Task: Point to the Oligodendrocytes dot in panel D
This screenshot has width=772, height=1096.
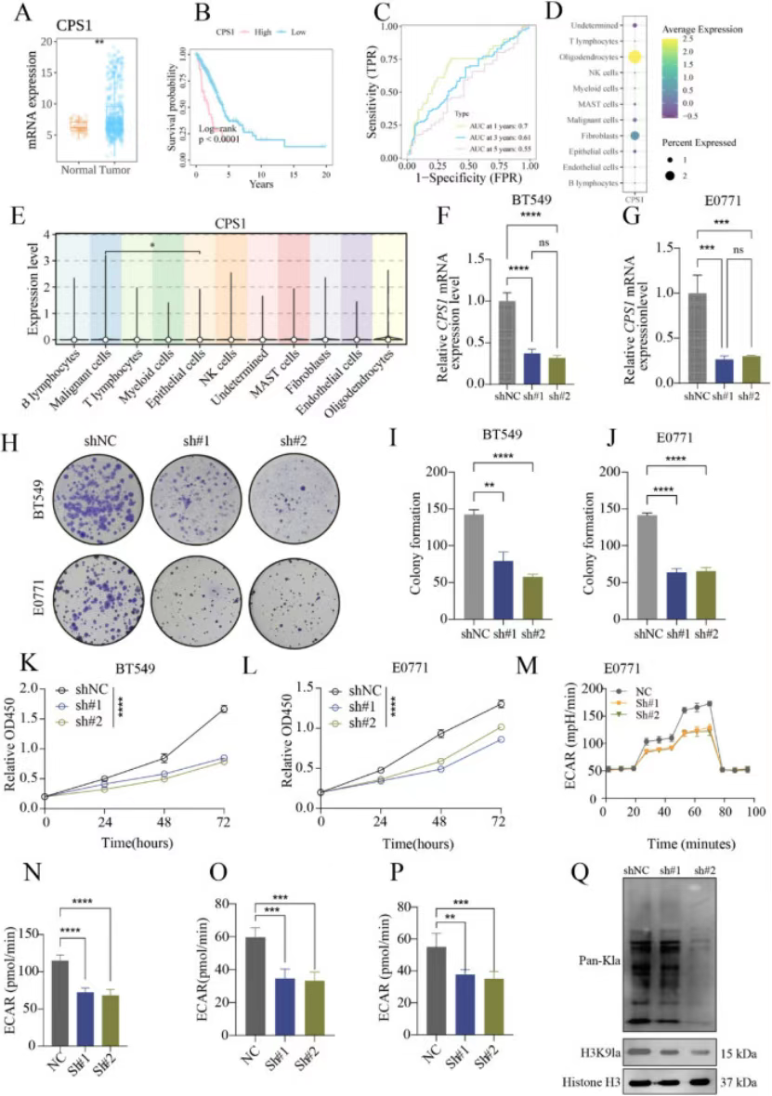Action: pos(635,58)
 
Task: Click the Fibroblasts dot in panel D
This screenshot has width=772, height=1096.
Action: pos(635,136)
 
